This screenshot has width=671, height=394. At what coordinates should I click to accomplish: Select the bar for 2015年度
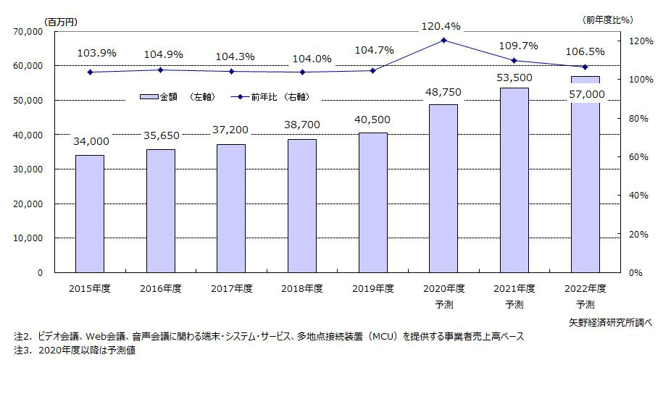point(90,214)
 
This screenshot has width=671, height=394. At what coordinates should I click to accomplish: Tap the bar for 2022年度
point(585,177)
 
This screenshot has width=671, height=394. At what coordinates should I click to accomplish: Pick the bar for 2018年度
point(302,206)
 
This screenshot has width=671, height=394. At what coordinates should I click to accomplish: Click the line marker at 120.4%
point(443,40)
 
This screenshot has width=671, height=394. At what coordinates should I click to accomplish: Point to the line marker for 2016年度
point(161,70)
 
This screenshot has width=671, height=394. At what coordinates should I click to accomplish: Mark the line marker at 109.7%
point(514,60)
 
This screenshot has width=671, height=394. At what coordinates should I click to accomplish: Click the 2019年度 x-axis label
point(372,288)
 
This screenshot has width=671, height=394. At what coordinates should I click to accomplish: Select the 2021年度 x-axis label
point(514,288)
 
